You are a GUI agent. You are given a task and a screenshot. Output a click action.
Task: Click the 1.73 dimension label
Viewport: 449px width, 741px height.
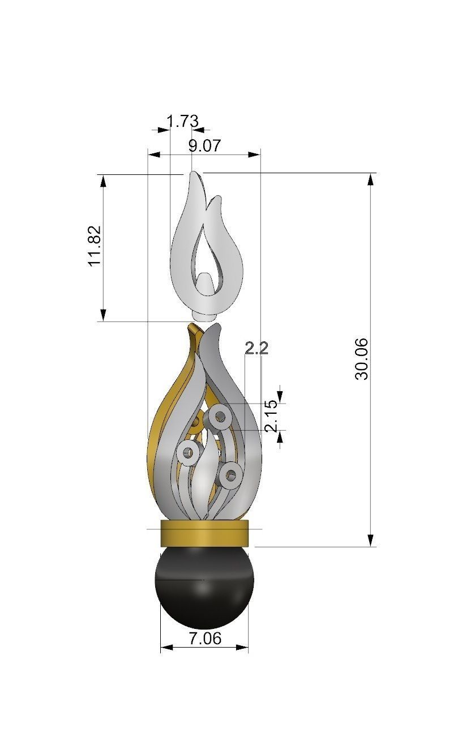[x=182, y=121]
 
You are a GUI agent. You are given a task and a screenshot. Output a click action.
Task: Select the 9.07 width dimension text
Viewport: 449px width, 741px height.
[x=204, y=145]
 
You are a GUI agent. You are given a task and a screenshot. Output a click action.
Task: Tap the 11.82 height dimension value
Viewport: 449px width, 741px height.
[x=95, y=246]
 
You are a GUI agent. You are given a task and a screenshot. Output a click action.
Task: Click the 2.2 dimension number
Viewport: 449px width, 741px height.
[x=256, y=348]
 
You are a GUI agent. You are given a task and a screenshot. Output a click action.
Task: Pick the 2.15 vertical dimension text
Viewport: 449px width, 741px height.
[x=271, y=416]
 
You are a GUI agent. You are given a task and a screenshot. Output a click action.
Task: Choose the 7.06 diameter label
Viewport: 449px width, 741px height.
[x=204, y=639]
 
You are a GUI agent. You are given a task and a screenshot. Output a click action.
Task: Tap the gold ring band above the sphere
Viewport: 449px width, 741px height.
[x=204, y=533]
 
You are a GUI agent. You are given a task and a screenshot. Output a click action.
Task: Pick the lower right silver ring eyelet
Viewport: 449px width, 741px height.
[x=231, y=475]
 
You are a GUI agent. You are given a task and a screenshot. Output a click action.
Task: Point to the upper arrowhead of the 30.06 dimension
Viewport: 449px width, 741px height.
[x=371, y=179]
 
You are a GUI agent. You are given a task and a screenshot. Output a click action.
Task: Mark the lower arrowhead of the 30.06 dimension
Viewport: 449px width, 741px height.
[x=371, y=541]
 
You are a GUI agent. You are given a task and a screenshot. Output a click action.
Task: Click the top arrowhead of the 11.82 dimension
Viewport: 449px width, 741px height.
[x=103, y=181]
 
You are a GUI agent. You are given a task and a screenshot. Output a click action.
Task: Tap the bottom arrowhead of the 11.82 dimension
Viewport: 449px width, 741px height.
[x=103, y=315]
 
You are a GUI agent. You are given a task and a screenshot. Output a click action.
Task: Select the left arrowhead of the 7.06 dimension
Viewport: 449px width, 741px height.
[x=165, y=647]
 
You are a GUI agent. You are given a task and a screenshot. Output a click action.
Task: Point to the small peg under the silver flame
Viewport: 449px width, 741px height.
[x=204, y=312]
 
